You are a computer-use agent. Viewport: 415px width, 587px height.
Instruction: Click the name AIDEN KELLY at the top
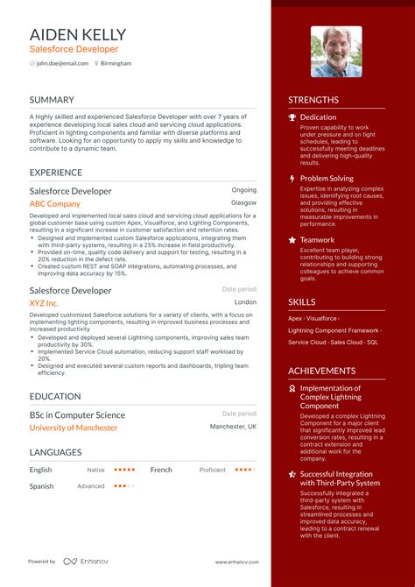click(x=78, y=34)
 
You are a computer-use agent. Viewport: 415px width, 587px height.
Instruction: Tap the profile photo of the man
click(x=335, y=52)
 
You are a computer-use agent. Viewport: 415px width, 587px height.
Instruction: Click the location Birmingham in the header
click(x=116, y=64)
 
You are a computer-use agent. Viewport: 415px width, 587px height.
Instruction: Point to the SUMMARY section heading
click(x=52, y=100)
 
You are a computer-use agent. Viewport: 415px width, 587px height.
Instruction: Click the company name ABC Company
click(x=54, y=203)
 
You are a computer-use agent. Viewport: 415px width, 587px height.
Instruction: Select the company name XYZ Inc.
click(x=44, y=302)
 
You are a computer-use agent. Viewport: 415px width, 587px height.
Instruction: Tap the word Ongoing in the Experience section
click(x=244, y=190)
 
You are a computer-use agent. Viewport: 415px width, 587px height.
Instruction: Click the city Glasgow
click(x=244, y=202)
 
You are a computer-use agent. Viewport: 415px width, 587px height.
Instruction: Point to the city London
click(x=246, y=302)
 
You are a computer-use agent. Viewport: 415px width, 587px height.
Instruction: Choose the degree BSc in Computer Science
click(x=77, y=414)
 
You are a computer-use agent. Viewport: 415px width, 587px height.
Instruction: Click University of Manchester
click(x=74, y=428)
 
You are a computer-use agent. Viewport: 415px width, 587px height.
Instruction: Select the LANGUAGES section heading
click(x=55, y=452)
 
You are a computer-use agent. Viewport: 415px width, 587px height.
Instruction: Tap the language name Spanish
click(x=41, y=485)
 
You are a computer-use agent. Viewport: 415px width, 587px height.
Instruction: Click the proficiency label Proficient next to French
click(x=212, y=470)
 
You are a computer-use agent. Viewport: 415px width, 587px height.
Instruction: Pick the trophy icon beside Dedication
click(x=292, y=117)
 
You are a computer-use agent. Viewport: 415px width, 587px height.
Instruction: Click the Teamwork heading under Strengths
click(x=317, y=240)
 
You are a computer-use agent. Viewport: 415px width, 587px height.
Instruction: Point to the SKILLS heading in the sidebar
click(x=302, y=302)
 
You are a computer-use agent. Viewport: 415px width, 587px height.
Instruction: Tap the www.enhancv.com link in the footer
click(x=236, y=562)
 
